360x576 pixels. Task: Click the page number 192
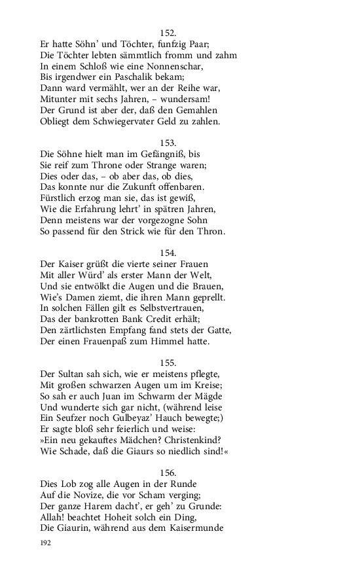(x=46, y=543)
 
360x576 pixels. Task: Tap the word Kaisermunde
(x=189, y=528)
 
